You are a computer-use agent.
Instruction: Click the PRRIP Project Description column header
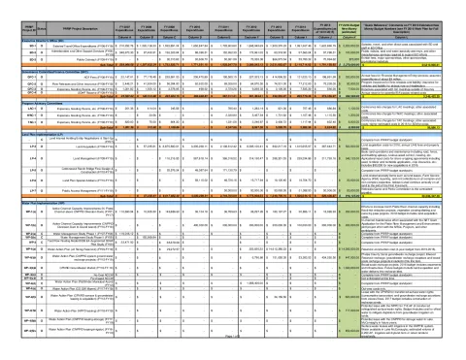tap(59, 15)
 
